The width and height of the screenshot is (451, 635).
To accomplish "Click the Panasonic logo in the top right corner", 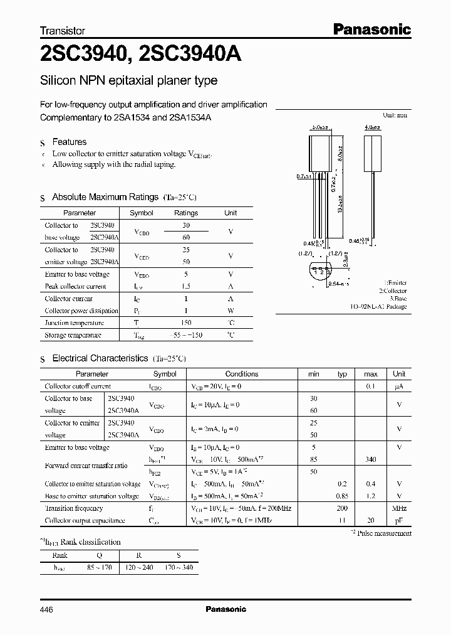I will point(371,29).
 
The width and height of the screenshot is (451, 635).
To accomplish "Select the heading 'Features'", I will point(69,142).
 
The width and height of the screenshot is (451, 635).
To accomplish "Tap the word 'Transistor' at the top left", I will point(62,30).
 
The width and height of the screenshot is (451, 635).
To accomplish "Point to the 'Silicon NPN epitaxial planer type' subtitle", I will point(128,81).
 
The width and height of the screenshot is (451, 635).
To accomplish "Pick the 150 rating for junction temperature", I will point(185,323).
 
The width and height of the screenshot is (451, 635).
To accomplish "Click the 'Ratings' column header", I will point(185,213).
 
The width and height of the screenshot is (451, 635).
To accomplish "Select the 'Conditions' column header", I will point(242,373).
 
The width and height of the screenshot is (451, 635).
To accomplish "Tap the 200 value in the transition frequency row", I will point(341,508).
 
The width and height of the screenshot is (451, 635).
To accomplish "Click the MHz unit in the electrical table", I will point(399,508).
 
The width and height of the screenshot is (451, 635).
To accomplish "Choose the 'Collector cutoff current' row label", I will point(78,387).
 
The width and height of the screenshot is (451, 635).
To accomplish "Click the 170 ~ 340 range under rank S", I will point(179,567).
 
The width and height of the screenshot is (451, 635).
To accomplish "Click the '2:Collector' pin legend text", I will point(392,291).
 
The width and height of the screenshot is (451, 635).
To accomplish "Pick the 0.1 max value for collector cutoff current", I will point(370,387).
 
